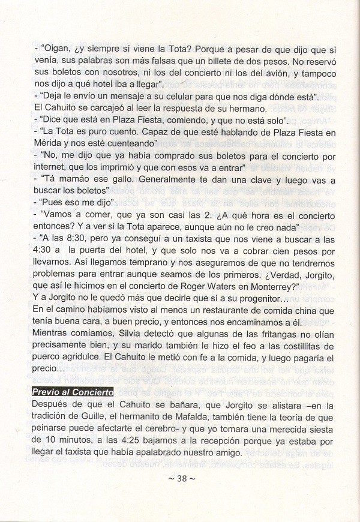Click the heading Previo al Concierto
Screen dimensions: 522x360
(x=72, y=392)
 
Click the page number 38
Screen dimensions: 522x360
(x=181, y=479)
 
